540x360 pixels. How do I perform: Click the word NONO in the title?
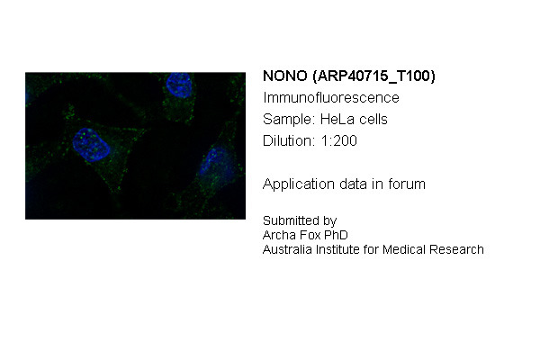(x=284, y=76)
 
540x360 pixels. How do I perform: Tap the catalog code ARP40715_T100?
(x=374, y=76)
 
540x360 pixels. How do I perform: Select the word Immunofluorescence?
(x=331, y=98)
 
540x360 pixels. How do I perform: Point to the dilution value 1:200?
(x=339, y=141)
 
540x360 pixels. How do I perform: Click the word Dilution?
(x=289, y=141)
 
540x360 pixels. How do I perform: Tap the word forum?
(x=407, y=184)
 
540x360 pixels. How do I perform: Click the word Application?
(x=299, y=184)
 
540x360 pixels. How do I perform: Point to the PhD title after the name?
(x=337, y=235)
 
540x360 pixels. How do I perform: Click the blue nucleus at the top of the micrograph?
(x=179, y=85)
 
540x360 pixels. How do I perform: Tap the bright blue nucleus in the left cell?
(x=91, y=145)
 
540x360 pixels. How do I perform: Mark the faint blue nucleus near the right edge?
(x=218, y=165)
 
